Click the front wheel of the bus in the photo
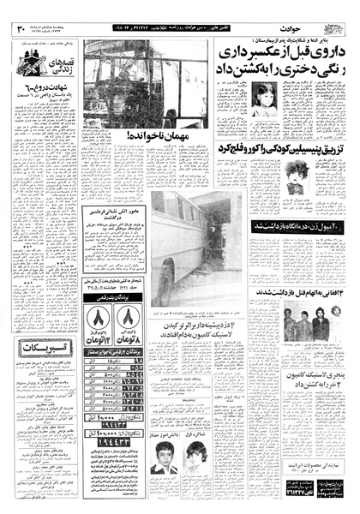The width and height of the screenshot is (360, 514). (x=164, y=288)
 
